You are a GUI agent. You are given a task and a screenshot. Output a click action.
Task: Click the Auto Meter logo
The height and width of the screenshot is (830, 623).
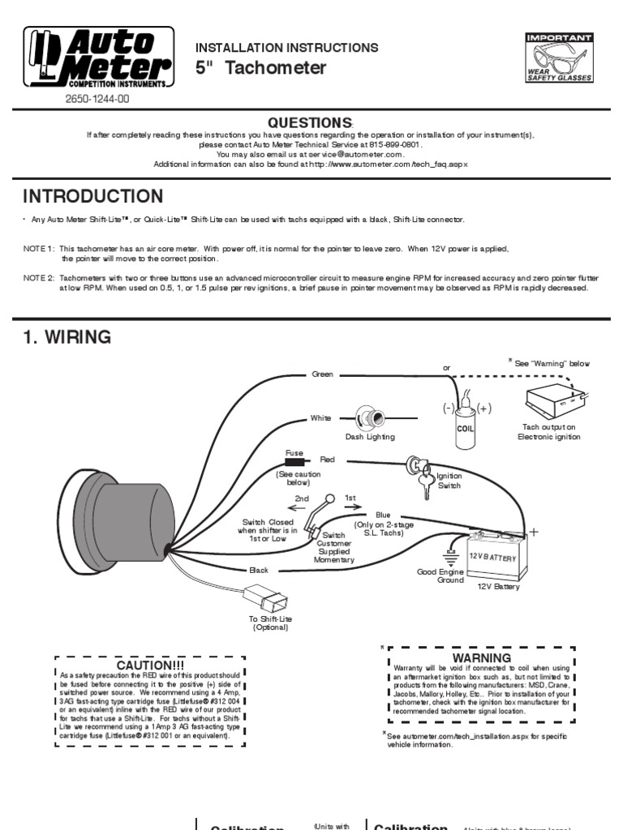[x=97, y=58]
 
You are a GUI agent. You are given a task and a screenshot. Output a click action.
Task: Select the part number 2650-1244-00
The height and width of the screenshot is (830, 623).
[x=97, y=100]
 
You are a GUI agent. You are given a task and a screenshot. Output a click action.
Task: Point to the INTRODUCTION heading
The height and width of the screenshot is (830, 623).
[x=92, y=197]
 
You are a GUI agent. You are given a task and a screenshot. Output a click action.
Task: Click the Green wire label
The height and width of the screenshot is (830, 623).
[x=323, y=374]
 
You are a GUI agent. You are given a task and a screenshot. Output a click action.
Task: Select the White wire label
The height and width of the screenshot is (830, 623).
[x=320, y=418]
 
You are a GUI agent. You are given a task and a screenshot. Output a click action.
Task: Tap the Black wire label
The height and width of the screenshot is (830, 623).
[x=259, y=571]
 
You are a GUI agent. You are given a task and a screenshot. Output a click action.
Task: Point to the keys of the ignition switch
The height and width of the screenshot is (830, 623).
[x=423, y=484]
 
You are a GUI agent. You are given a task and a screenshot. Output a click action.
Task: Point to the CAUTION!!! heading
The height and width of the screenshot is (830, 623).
[x=151, y=665]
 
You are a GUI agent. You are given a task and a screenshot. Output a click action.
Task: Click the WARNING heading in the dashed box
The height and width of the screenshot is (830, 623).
[x=482, y=657]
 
